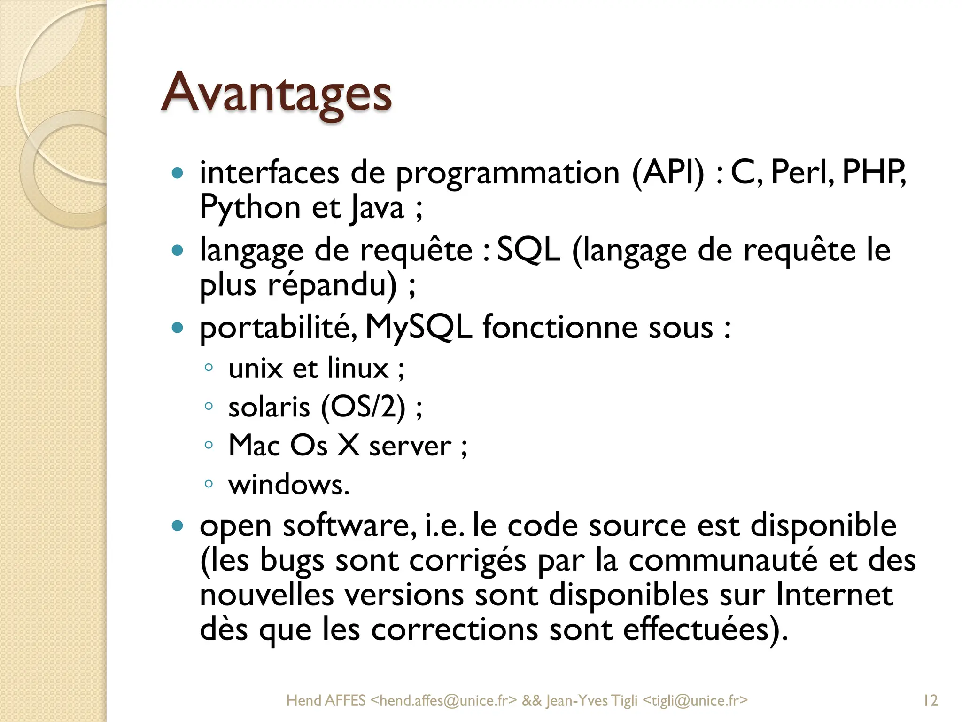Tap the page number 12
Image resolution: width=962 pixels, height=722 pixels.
point(930,700)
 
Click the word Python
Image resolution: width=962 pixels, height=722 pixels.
point(250,208)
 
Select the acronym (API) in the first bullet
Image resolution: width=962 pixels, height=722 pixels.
point(668,173)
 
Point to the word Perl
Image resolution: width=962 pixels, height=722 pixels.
point(802,172)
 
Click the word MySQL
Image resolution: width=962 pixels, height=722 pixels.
point(418,327)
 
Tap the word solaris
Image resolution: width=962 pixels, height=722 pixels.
point(269,407)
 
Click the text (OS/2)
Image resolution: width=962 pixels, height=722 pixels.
point(363,407)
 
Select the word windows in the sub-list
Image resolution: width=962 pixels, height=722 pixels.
point(289,485)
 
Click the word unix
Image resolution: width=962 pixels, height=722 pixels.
point(255,369)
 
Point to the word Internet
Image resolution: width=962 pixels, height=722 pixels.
point(834,595)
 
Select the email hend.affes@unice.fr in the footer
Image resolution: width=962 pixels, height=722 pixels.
point(443,701)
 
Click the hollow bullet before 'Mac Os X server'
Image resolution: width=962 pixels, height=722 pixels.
point(209,445)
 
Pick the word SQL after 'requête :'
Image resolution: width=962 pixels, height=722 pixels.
point(528,250)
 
